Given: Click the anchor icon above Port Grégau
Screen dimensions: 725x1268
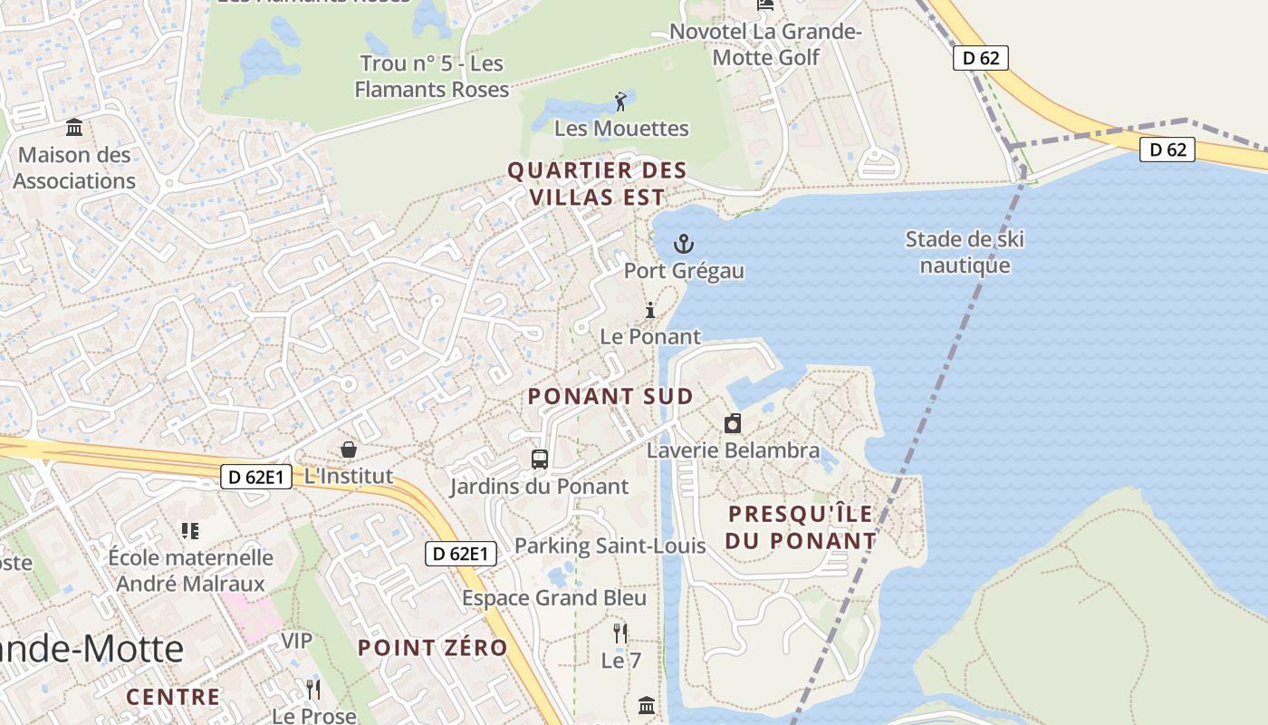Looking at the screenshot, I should click(x=684, y=243).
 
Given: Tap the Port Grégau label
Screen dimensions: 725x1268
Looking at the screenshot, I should click(x=684, y=271).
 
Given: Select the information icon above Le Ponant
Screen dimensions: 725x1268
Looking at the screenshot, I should click(x=649, y=311).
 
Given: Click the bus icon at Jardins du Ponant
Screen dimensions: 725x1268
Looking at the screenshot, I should click(x=540, y=459).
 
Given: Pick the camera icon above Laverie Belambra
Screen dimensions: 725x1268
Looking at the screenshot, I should click(x=733, y=423).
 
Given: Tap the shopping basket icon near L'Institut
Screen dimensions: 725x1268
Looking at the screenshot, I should click(x=348, y=449).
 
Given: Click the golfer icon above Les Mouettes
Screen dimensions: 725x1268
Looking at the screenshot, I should click(x=620, y=101).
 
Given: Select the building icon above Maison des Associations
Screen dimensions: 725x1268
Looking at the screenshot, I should click(x=74, y=127).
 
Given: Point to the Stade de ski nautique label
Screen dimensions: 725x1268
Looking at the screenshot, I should click(x=965, y=252).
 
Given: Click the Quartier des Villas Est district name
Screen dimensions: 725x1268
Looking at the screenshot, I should click(x=597, y=183).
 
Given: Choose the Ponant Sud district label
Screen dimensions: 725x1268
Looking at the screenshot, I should click(x=610, y=396).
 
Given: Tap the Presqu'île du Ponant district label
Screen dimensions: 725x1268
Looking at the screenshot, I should click(x=802, y=527).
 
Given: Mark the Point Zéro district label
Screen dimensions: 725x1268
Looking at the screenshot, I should click(x=432, y=648).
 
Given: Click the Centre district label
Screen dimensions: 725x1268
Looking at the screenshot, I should click(x=173, y=697).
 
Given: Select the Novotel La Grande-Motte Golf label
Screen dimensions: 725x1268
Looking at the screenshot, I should click(x=766, y=44).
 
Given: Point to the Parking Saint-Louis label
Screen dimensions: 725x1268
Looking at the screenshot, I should click(x=610, y=546).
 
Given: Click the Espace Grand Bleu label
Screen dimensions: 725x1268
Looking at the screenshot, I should click(x=554, y=598).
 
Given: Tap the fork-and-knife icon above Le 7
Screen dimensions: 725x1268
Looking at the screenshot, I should click(x=620, y=633).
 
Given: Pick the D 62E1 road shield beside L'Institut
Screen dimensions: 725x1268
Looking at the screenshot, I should click(x=256, y=477).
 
